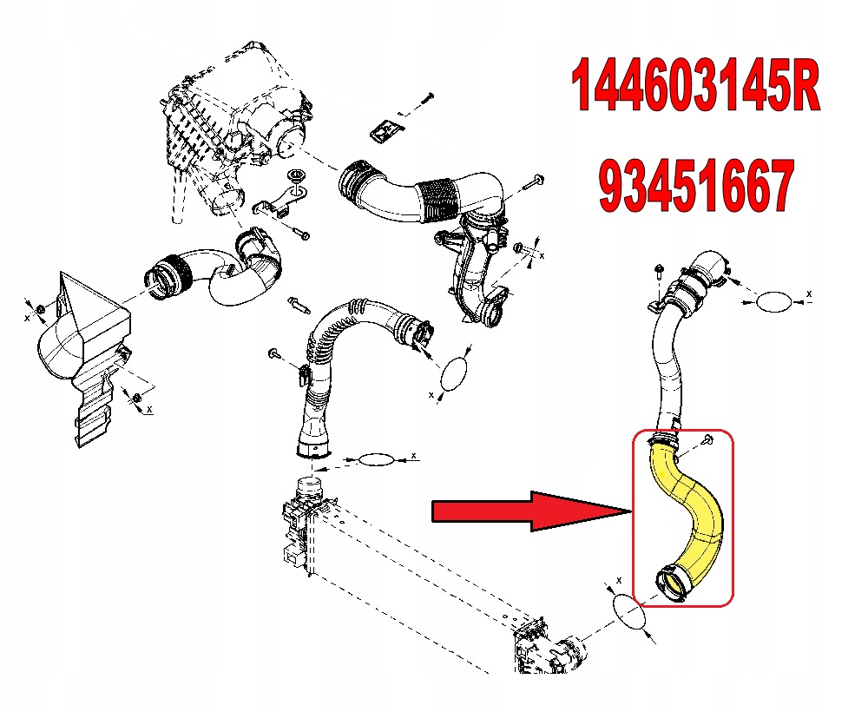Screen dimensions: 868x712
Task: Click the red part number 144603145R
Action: click(695, 86)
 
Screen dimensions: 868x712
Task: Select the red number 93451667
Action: click(696, 186)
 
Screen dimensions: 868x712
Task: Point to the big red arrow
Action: click(531, 511)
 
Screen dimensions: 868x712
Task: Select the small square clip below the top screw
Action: click(387, 131)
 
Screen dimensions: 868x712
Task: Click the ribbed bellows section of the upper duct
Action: click(439, 201)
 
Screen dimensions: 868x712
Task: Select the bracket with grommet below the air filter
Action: click(281, 197)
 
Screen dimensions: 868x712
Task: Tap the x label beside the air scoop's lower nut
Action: click(149, 409)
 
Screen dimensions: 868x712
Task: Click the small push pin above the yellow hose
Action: click(707, 441)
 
